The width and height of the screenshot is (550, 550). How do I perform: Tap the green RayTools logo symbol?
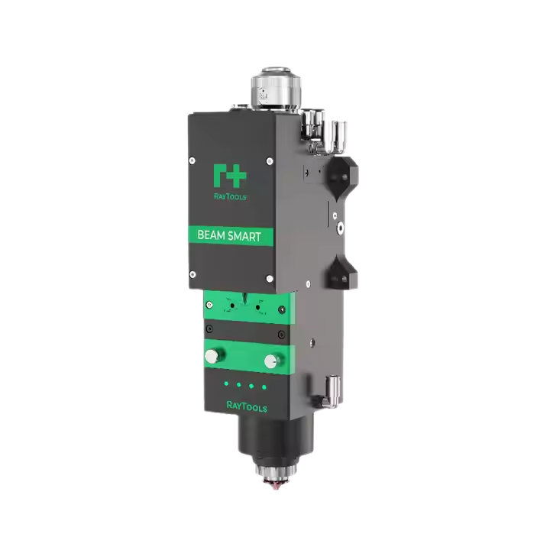click(x=229, y=175)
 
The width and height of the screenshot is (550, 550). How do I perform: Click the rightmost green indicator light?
click(x=264, y=387)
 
